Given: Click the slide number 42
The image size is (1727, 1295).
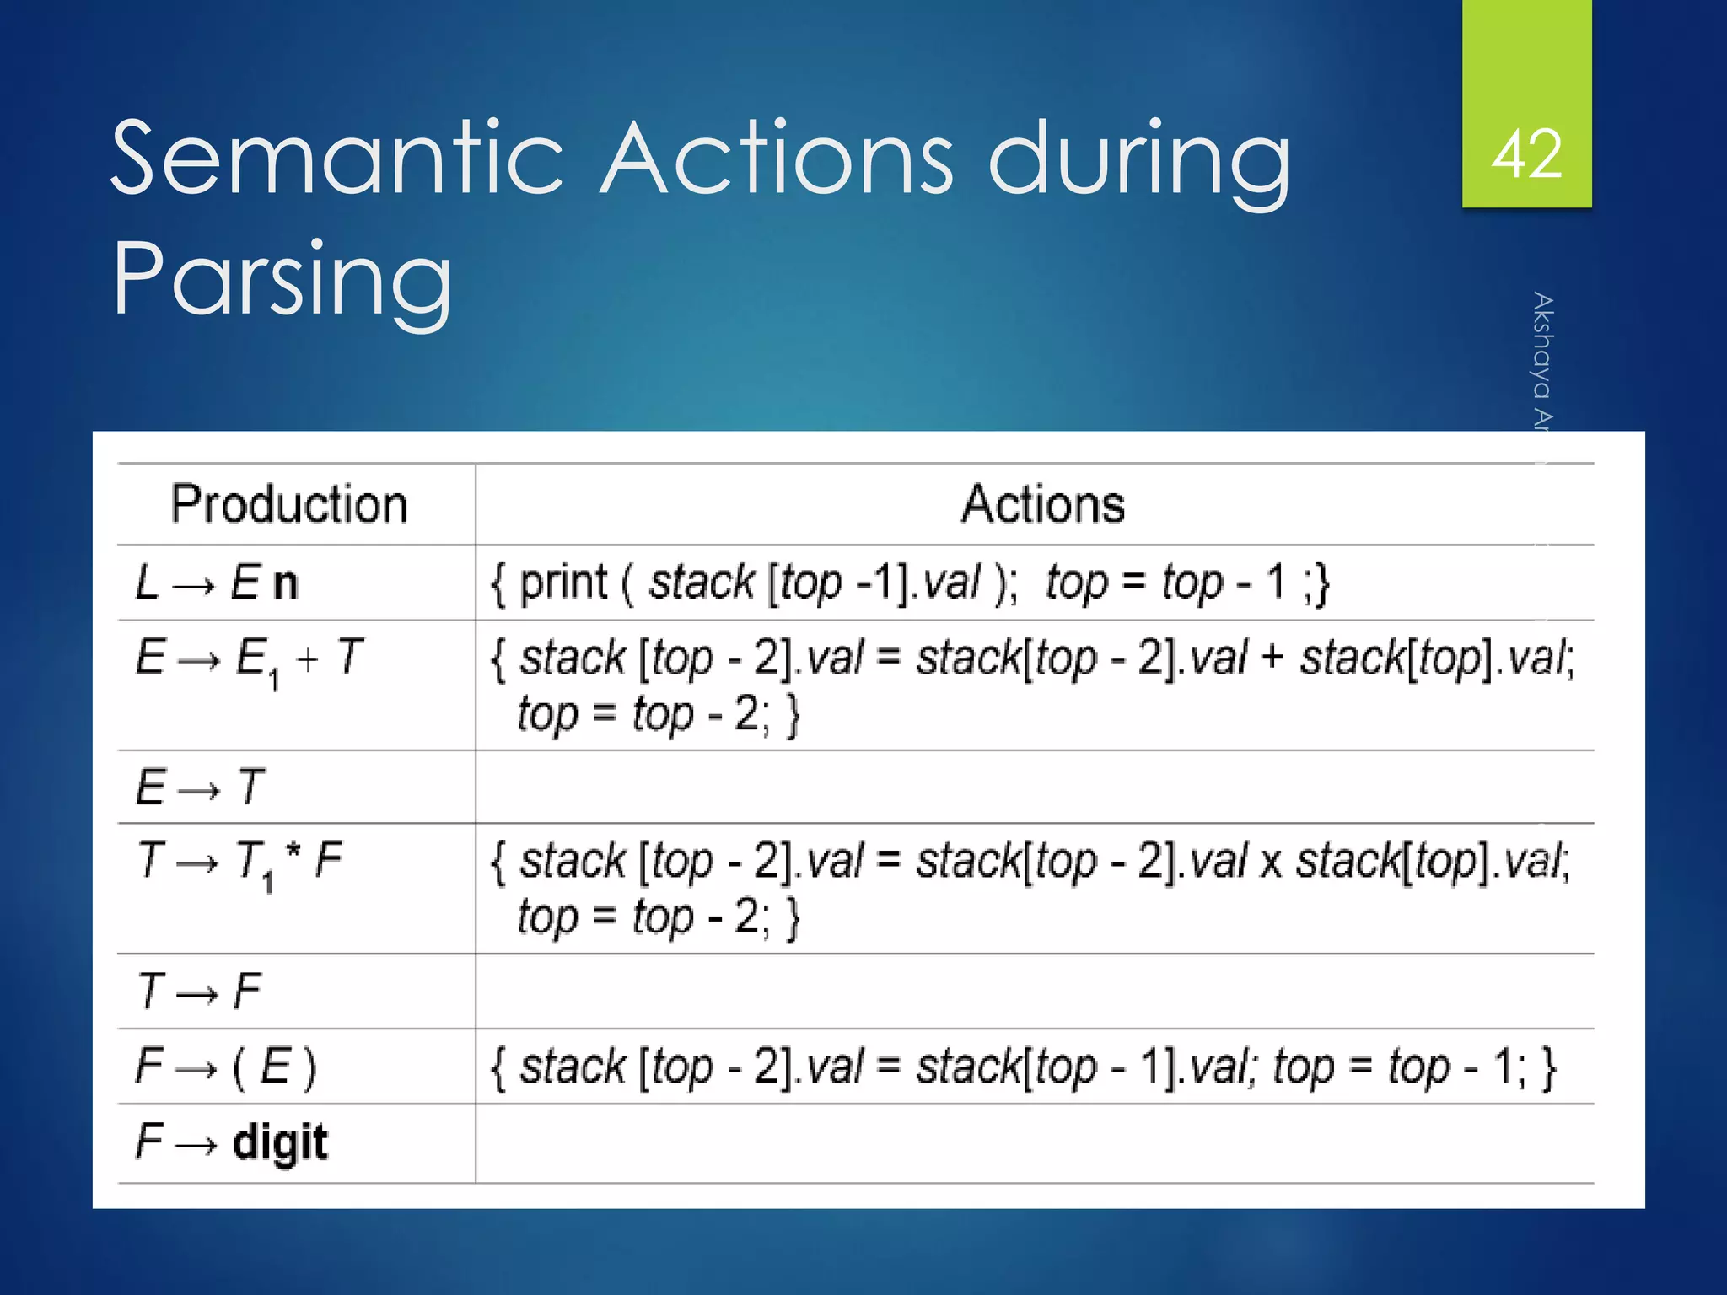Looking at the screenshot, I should coord(1526,154).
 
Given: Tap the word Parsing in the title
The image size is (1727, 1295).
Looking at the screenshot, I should coord(282,279).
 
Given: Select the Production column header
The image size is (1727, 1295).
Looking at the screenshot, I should coord(289,504).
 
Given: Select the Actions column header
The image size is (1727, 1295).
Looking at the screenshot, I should coord(1042,504).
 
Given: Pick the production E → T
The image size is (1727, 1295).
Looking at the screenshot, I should coord(200,787).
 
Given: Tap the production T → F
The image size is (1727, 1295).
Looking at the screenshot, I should coord(199,991).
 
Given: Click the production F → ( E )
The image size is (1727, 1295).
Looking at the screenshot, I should coord(225,1067).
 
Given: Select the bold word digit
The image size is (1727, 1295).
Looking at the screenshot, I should coord(280,1143).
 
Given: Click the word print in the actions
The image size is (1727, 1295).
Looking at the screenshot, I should coord(562,583).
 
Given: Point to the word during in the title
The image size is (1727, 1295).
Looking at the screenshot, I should coord(1138,159).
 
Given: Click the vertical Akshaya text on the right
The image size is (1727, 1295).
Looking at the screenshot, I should coord(1542,363).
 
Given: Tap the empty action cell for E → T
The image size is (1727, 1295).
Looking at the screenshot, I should coord(1034,787).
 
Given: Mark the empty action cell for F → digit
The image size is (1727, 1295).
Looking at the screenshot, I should coord(1034,1143).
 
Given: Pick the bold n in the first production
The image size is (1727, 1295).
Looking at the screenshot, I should coord(286,584).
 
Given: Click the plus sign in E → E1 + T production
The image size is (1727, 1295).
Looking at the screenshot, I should coord(308,659).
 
